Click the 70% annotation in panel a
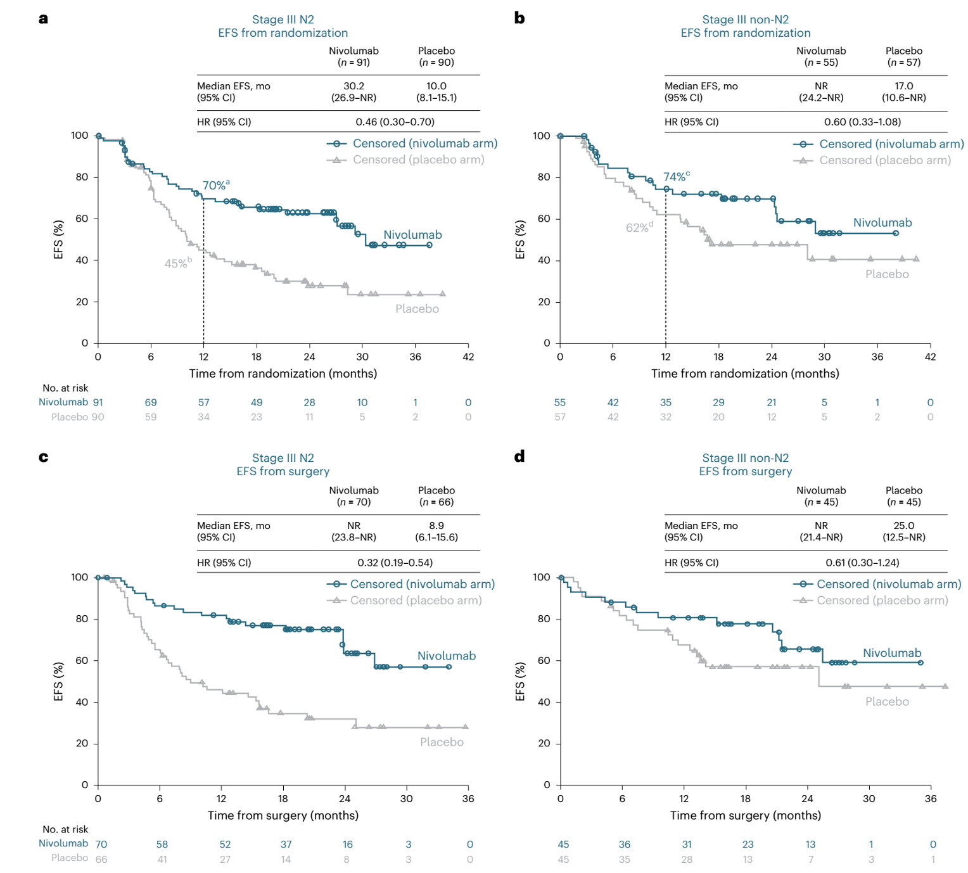215,186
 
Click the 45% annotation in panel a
177,264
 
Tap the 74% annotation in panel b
675,177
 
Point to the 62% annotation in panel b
638,228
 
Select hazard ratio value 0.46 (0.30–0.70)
395,122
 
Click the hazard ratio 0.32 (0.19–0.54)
395,563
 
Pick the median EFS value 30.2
353,86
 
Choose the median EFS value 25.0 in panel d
903,526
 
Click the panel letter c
43,457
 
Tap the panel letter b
519,18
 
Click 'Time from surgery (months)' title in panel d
745,815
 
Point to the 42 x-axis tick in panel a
468,357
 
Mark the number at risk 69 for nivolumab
151,402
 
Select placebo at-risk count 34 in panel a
203,417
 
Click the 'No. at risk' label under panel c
65,829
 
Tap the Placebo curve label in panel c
442,742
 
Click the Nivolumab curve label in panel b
882,223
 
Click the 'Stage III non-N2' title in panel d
745,458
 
